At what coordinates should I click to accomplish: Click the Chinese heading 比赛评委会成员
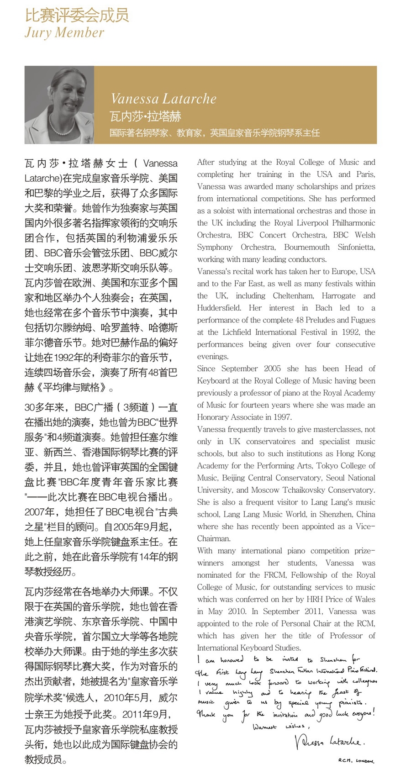point(77,16)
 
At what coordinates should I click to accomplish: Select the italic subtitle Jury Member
point(64,33)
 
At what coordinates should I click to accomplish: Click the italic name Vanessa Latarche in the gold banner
point(163,99)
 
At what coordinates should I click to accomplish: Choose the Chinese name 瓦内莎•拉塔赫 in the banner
point(146,116)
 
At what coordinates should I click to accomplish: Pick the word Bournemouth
point(307,247)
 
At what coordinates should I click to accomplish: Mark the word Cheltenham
point(293,295)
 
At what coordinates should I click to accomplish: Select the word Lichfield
point(237,332)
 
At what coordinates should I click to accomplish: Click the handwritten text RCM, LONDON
point(356,761)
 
